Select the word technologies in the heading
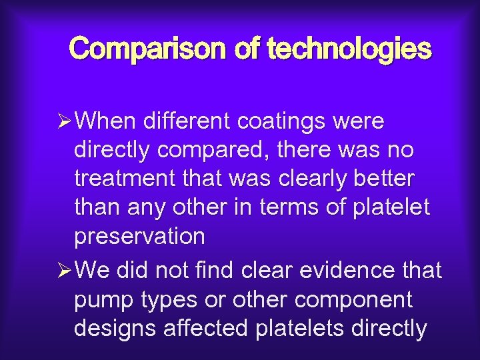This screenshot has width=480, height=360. [349, 49]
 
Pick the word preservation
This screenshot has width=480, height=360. [139, 237]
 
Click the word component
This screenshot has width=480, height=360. [355, 300]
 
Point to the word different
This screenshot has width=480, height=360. [173, 122]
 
